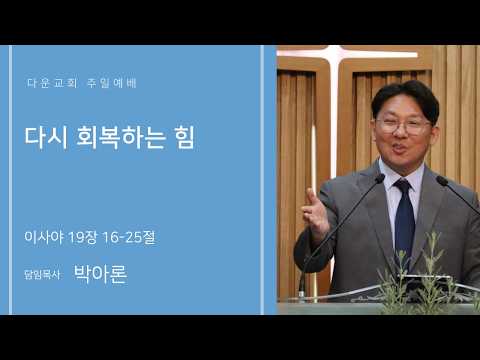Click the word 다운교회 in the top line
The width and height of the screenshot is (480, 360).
[x=52, y=83]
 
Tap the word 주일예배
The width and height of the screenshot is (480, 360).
[x=112, y=83]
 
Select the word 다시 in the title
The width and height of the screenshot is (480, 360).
[x=46, y=137]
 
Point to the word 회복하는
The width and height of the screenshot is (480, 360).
[x=120, y=137]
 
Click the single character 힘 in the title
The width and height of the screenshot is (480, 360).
[x=184, y=137]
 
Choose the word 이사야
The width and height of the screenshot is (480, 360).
[x=44, y=237]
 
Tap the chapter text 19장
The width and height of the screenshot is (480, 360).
[x=83, y=237]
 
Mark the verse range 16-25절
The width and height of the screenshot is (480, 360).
[x=129, y=237]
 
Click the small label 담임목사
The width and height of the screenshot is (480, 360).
[x=42, y=275]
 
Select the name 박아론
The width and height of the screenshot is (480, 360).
[x=100, y=274]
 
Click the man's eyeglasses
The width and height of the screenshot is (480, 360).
[x=403, y=125]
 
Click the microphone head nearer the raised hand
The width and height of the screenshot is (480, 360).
[x=379, y=178]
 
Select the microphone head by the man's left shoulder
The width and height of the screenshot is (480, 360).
[x=442, y=180]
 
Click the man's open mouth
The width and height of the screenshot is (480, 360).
[x=399, y=149]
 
